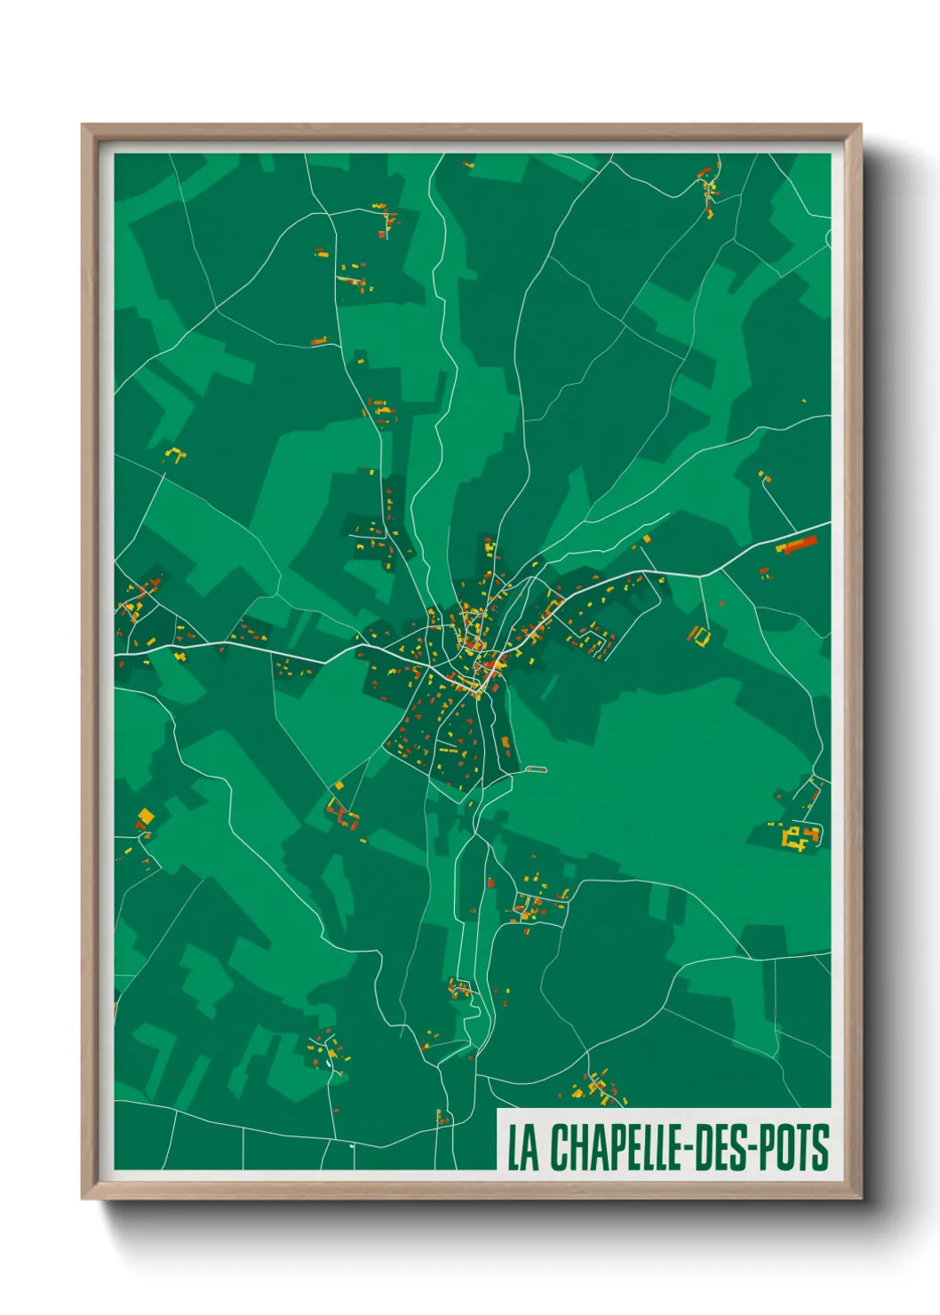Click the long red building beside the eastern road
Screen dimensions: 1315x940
pos(797,544)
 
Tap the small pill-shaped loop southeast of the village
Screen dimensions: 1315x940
pos(536,769)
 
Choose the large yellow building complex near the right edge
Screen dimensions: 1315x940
pos(800,836)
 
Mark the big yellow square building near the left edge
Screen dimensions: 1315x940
pos(146,815)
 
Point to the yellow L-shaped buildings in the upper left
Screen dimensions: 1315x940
pos(175,456)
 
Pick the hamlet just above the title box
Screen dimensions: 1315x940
pos(598,1088)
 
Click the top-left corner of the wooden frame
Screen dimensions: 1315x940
pos(83,125)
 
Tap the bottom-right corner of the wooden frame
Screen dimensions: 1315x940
pos(860,1199)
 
